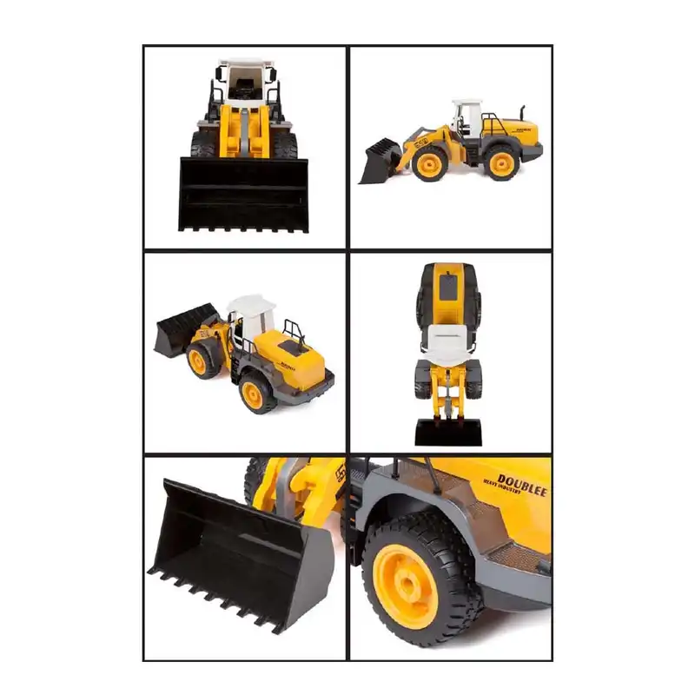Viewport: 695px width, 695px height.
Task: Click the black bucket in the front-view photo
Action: coord(243,195)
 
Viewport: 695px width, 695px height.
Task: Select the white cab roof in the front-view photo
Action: coord(244,65)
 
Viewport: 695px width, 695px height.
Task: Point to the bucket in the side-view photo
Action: coord(380,162)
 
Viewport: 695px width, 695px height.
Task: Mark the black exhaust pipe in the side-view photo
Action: coord(523,110)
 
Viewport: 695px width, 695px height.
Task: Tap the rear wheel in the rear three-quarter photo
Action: coord(258,394)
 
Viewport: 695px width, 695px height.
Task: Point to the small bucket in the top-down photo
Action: coord(447,432)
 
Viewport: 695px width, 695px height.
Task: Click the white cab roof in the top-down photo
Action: coord(448,334)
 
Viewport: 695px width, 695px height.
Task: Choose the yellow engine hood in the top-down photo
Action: coord(448,291)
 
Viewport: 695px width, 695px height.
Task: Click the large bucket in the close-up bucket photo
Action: coord(235,556)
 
